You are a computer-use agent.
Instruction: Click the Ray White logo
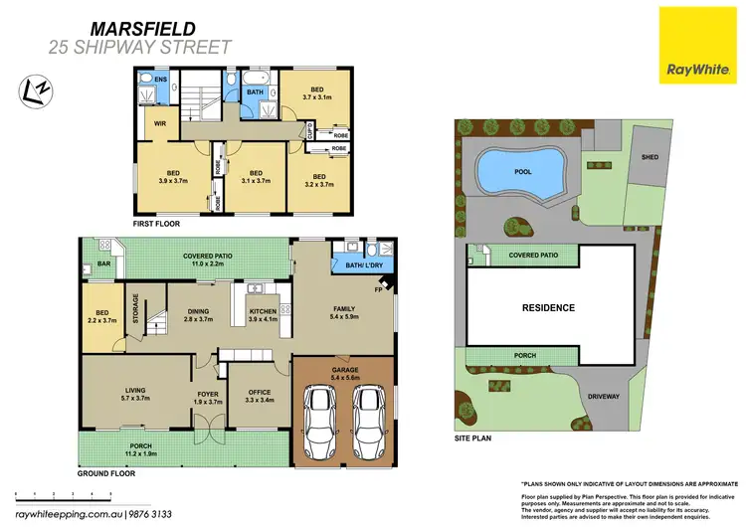click(x=692, y=45)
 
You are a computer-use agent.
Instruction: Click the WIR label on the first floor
click(x=158, y=124)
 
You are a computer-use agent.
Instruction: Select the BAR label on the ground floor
click(x=104, y=265)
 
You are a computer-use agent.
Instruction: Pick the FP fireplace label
click(x=379, y=290)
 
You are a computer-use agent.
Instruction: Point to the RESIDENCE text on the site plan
click(x=549, y=308)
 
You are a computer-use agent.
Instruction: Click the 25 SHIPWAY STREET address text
click(x=140, y=47)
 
